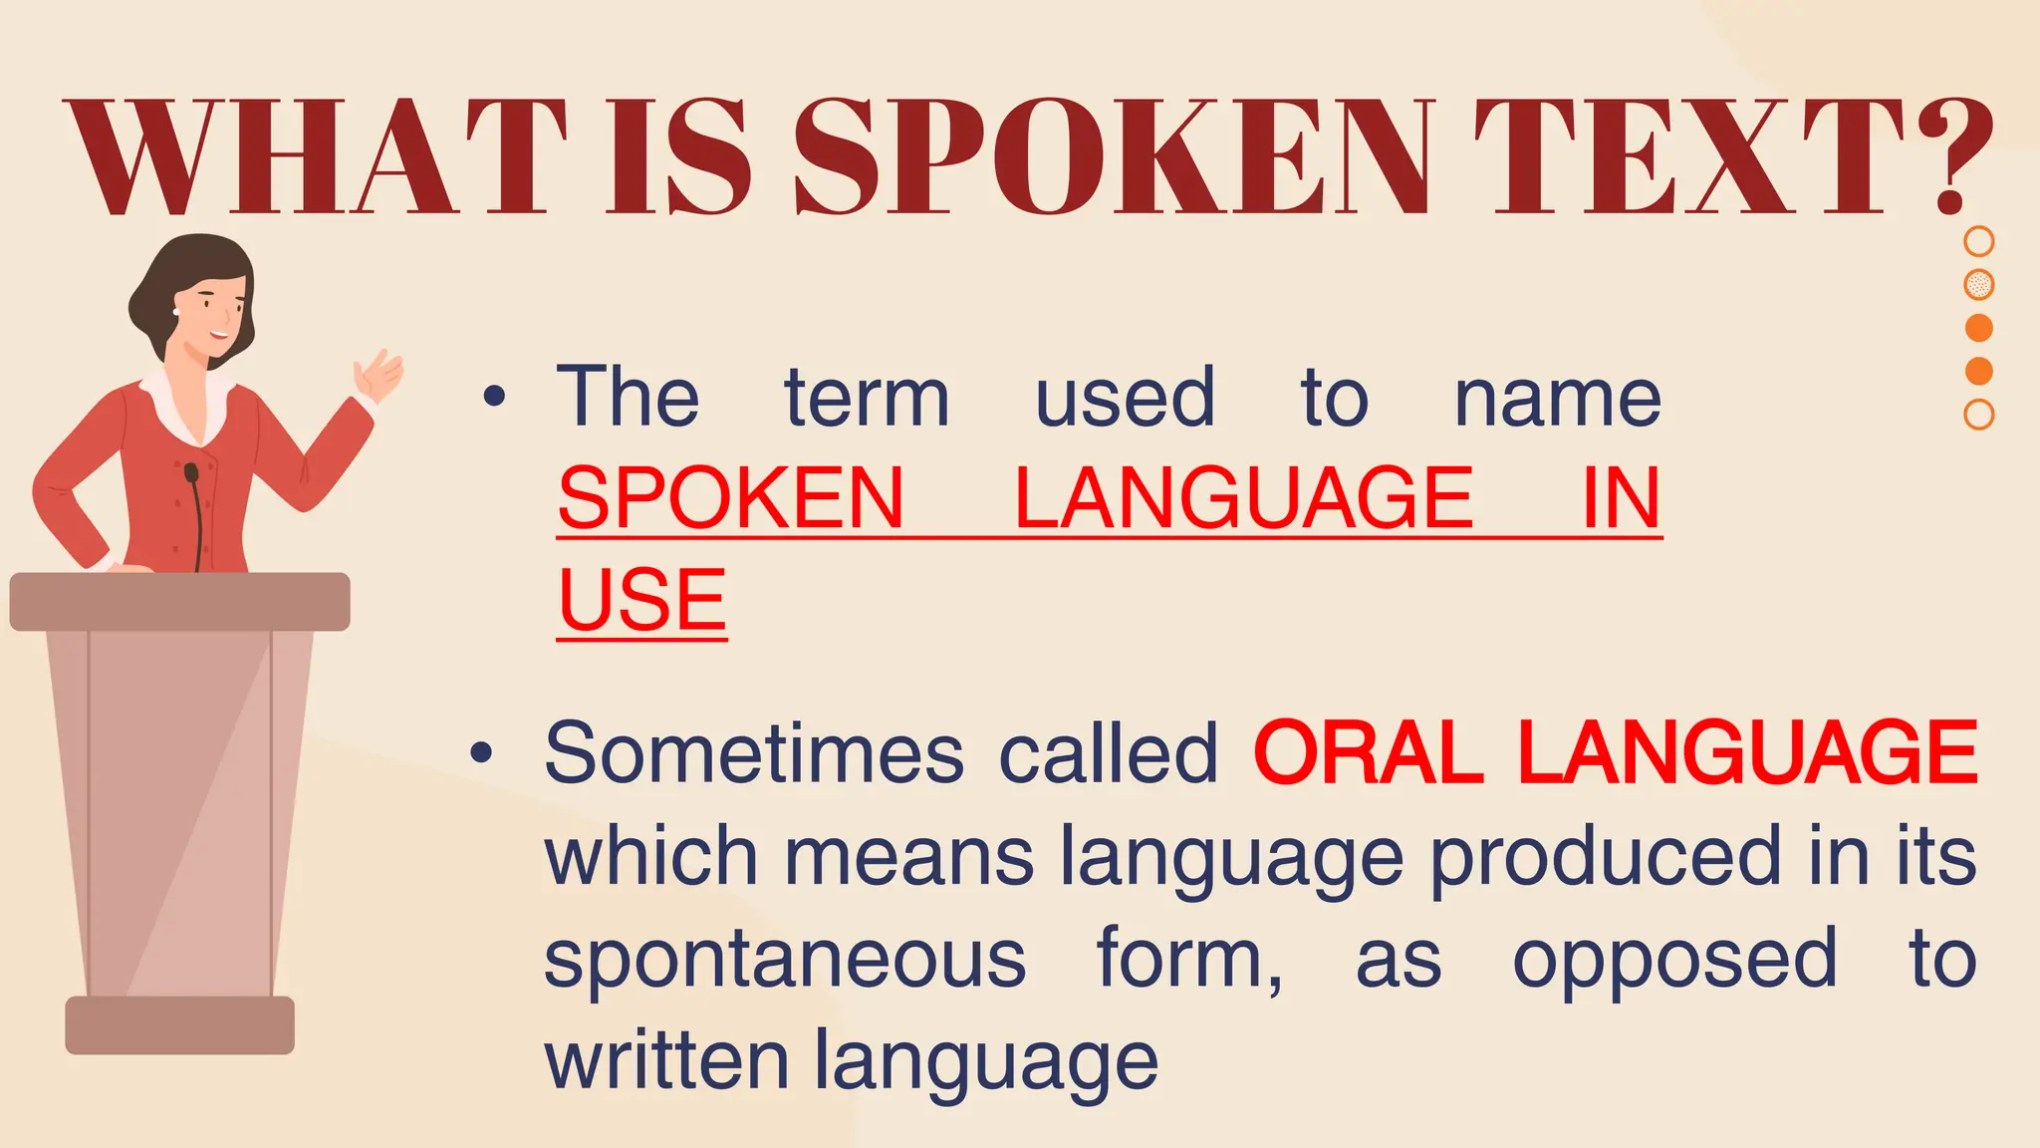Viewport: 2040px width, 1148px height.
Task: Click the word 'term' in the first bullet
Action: tap(867, 399)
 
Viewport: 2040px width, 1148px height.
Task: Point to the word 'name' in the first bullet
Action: tap(1558, 399)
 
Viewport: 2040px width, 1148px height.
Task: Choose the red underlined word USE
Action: tap(642, 600)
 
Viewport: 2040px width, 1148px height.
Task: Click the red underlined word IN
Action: tap(1622, 498)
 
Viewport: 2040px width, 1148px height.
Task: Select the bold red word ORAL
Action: tap(1369, 753)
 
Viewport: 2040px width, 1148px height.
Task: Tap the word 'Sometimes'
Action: tap(754, 753)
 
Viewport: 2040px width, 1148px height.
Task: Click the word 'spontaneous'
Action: tap(785, 959)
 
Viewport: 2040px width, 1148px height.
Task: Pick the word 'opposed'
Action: tap(1674, 959)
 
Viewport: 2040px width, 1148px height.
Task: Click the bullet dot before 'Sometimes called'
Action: tap(482, 754)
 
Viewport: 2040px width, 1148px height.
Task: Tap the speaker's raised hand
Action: tap(380, 375)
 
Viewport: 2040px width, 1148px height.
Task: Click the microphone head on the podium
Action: tap(191, 472)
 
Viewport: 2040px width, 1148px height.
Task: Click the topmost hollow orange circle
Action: tap(1978, 241)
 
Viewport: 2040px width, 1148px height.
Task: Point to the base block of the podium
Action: tap(179, 1024)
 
